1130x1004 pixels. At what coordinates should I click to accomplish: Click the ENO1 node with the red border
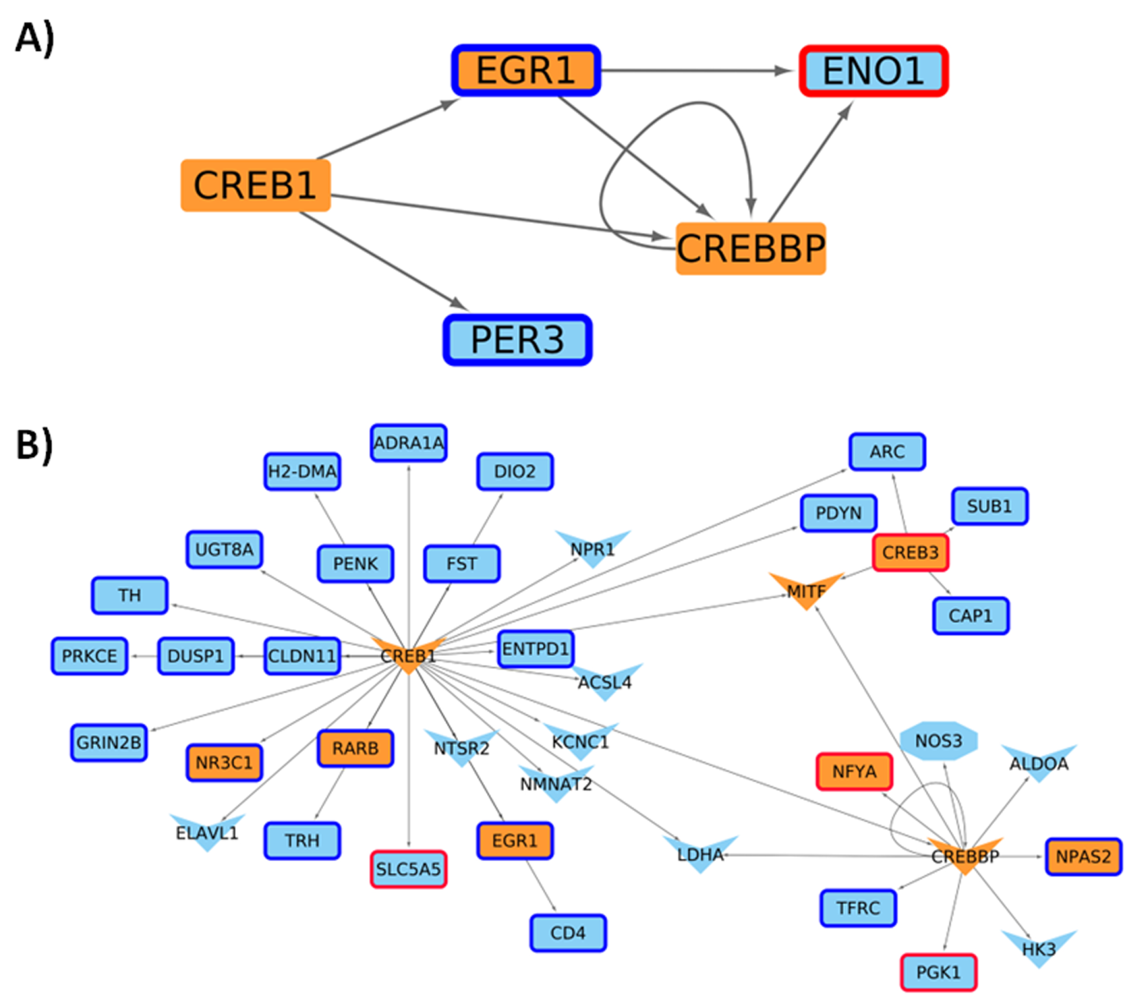(x=873, y=71)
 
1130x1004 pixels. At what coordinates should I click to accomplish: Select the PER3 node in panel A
(x=517, y=340)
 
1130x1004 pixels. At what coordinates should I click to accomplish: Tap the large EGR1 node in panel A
(x=526, y=70)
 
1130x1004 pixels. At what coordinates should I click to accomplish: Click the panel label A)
(x=35, y=39)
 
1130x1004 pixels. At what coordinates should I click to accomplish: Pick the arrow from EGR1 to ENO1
(x=697, y=71)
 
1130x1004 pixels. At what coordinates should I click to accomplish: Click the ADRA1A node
(x=409, y=443)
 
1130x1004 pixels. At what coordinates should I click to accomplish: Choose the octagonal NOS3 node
(x=938, y=741)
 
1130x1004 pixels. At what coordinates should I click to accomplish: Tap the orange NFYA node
(x=854, y=771)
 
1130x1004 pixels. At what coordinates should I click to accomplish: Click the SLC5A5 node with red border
(x=409, y=869)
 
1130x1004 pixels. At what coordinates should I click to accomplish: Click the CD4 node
(x=568, y=933)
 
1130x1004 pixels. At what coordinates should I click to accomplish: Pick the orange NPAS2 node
(x=1083, y=856)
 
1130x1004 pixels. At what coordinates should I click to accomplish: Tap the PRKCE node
(x=90, y=656)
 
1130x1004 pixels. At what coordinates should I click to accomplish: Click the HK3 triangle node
(x=1039, y=949)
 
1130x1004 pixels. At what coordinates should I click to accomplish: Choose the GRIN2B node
(x=109, y=742)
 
